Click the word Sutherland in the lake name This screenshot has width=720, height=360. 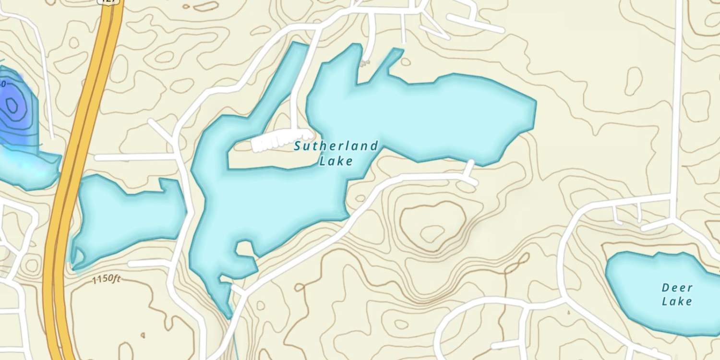coord(336,146)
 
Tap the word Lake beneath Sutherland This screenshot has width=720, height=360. coord(336,161)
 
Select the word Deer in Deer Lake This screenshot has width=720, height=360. coord(677,288)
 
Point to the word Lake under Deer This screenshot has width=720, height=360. coord(677,301)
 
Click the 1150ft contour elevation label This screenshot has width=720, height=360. coord(106,279)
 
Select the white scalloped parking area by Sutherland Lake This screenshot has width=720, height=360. coord(278,141)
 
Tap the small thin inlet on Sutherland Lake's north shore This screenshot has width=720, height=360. coord(391,60)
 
